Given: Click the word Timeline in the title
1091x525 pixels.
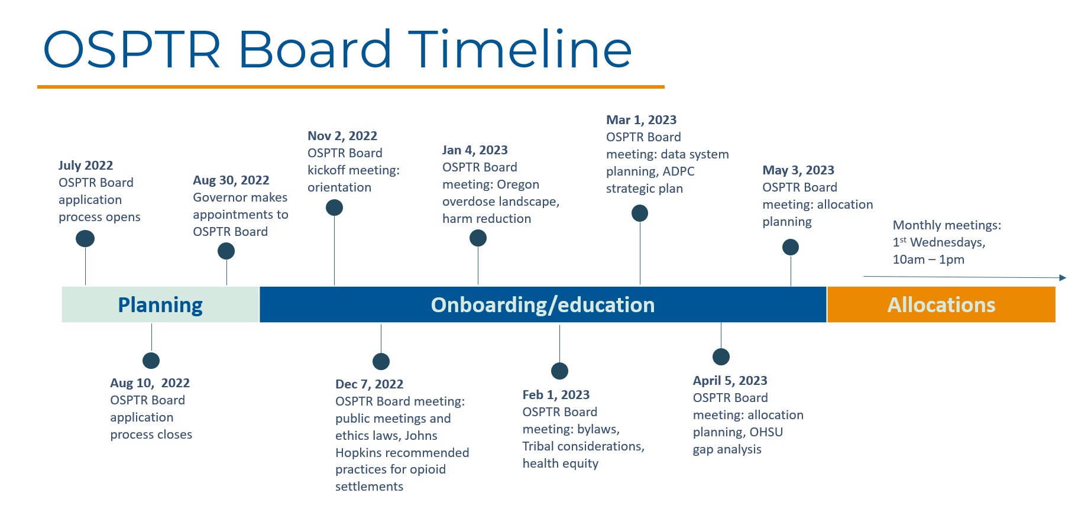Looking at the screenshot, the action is (x=520, y=49).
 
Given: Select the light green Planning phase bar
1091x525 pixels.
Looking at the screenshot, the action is (x=160, y=304).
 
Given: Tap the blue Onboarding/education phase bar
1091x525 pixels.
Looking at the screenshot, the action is (x=543, y=304).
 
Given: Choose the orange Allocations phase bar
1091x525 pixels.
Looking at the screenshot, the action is (x=941, y=304).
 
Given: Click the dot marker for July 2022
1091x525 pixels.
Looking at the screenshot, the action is (x=85, y=238).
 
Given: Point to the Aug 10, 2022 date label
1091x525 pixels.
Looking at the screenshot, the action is (x=150, y=383).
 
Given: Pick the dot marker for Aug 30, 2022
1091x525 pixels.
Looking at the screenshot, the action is (x=226, y=251).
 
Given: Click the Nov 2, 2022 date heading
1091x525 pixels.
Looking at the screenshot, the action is (x=342, y=136).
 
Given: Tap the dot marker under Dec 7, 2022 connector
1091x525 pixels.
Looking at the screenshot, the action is (x=381, y=361).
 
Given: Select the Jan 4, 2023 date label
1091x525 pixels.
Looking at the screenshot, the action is (x=475, y=150).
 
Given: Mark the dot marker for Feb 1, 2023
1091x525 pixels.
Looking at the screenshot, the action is (x=559, y=371).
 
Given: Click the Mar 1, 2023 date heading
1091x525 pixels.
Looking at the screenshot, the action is (x=642, y=120).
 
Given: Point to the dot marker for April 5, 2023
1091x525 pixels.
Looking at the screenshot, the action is (x=721, y=357).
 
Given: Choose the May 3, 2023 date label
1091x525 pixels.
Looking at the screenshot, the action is (x=798, y=170).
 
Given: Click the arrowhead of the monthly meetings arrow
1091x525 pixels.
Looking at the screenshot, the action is (x=1063, y=278).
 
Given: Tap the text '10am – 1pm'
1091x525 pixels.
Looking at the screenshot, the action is (x=928, y=260).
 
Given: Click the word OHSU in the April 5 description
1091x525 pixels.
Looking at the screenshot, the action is (x=766, y=432).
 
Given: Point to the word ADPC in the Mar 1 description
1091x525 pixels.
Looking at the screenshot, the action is (x=678, y=171).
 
